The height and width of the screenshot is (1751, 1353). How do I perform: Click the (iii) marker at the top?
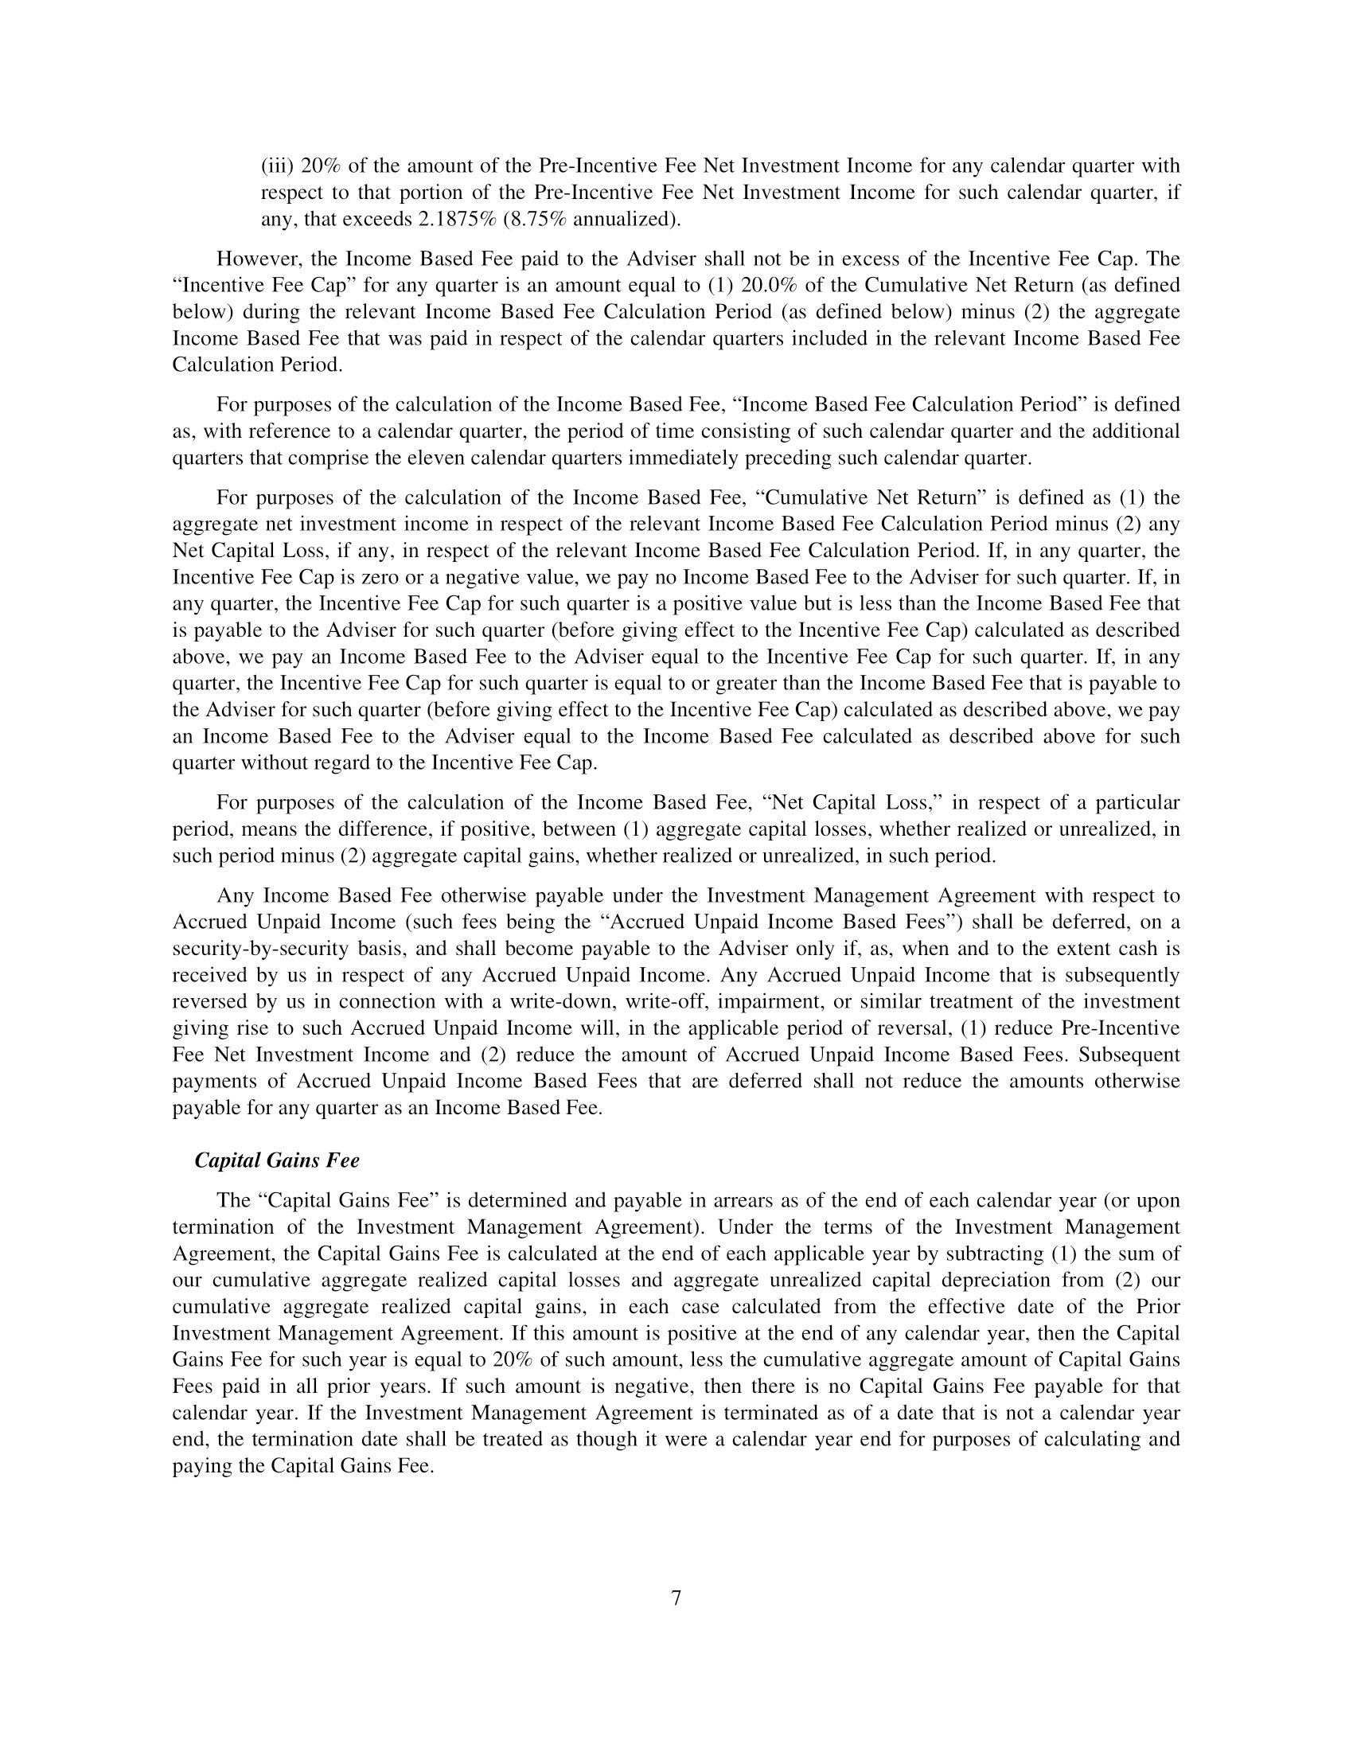pyautogui.click(x=277, y=166)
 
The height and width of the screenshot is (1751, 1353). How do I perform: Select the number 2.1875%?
pyautogui.click(x=458, y=219)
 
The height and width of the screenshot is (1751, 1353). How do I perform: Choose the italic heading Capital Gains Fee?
pyautogui.click(x=277, y=1160)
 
